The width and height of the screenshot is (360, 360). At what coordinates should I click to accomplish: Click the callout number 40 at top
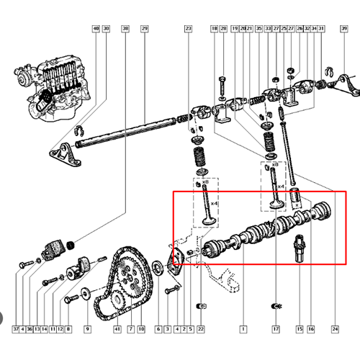point(96,29)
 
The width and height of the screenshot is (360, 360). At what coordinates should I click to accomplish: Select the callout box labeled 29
point(144,29)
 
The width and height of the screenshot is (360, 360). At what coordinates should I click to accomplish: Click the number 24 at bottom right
point(335,329)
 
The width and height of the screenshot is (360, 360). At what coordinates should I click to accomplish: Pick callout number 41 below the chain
point(117,329)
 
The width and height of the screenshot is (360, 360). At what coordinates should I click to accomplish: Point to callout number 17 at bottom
point(275,329)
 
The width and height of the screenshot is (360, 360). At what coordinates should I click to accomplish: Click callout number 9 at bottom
point(87,329)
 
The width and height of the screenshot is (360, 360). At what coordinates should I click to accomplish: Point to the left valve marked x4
point(207,209)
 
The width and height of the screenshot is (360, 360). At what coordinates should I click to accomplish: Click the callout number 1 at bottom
point(243,329)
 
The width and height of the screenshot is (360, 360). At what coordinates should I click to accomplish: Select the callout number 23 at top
point(189,29)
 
